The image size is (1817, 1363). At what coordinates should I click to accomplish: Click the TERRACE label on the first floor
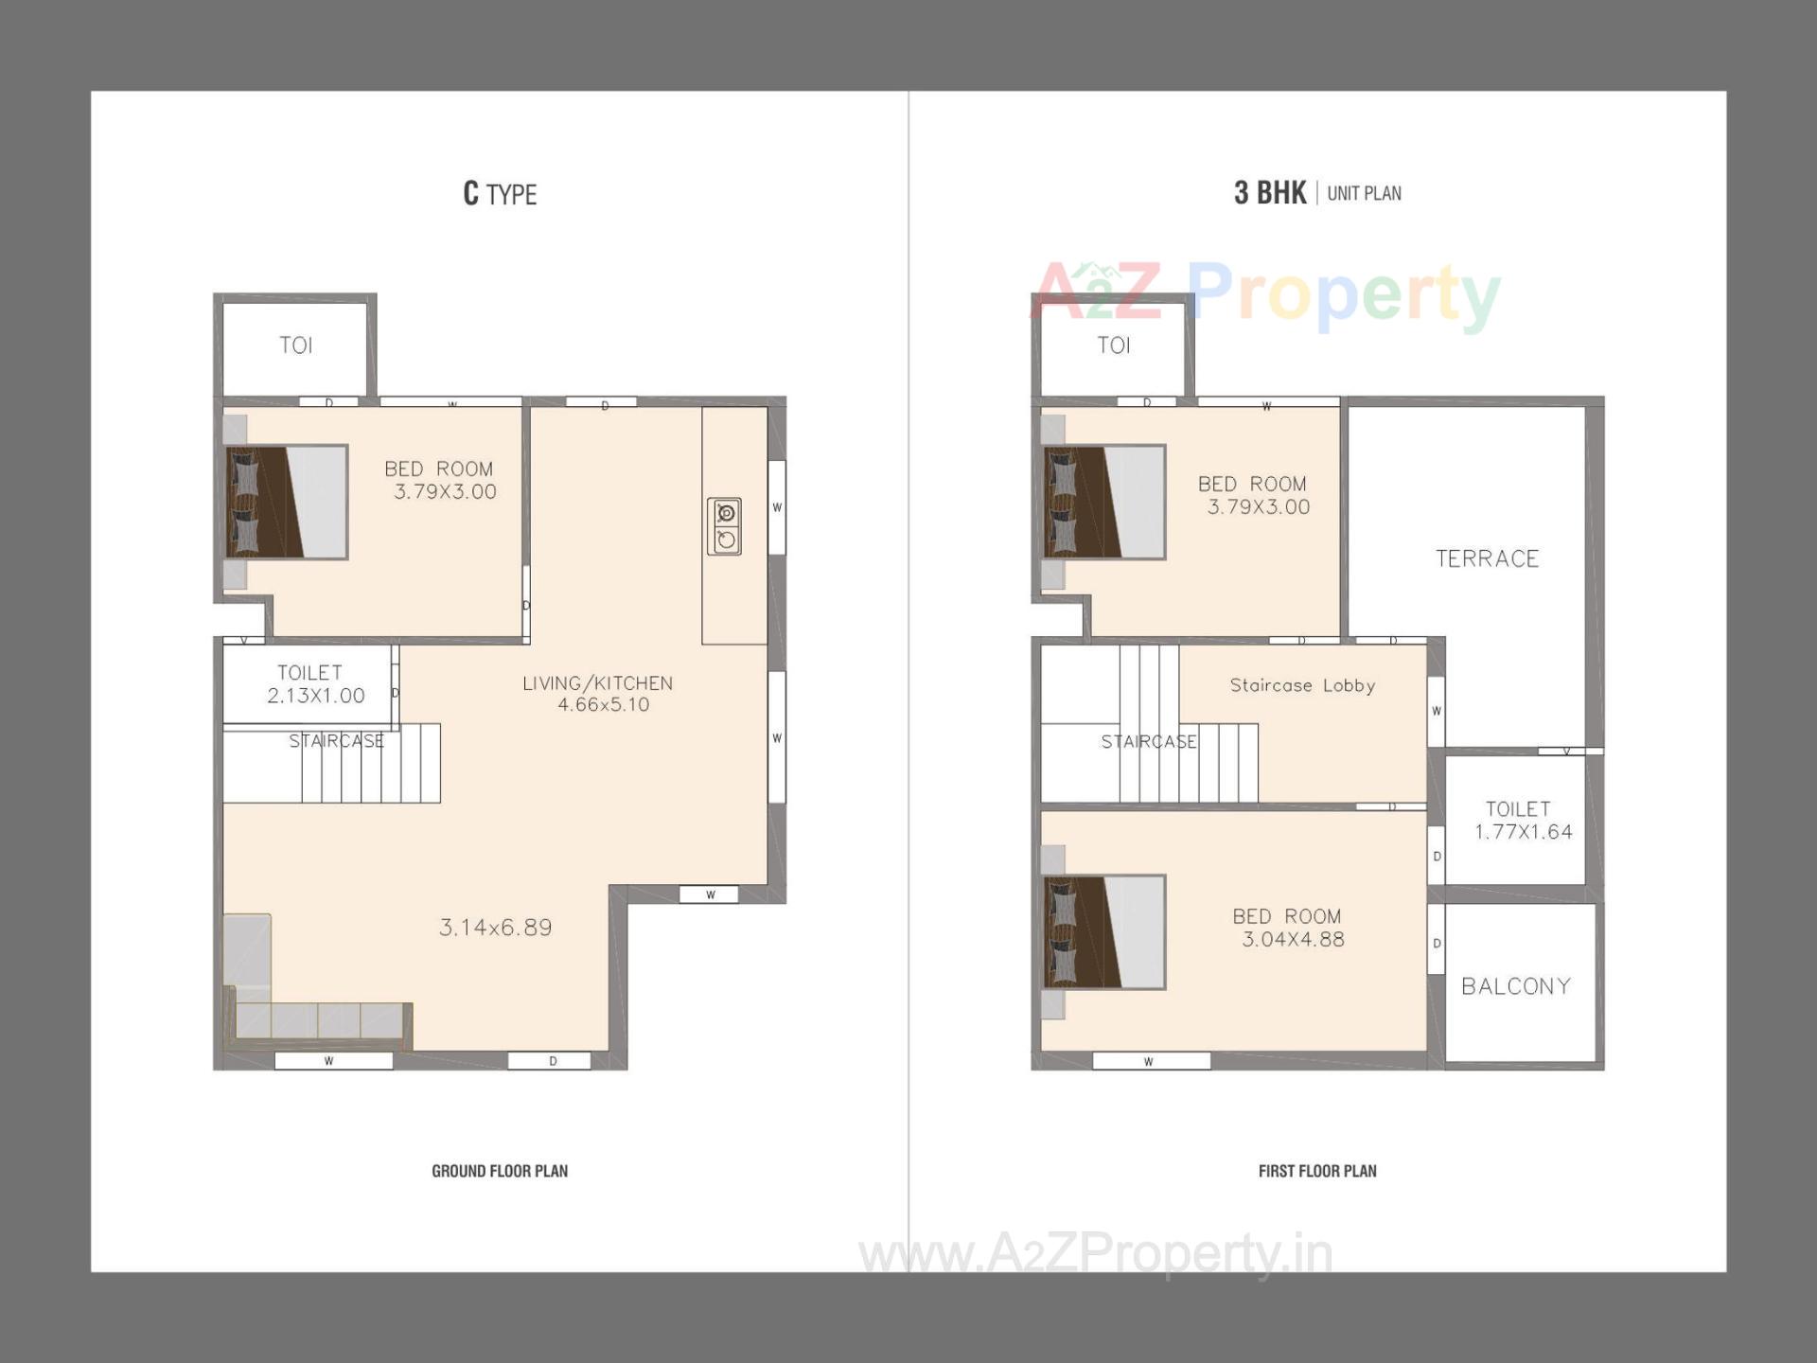tap(1487, 558)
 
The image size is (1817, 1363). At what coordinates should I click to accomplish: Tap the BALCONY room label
tap(1516, 986)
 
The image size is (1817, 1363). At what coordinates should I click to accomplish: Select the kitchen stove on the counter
tap(725, 526)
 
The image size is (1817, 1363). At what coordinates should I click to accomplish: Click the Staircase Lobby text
tap(1302, 685)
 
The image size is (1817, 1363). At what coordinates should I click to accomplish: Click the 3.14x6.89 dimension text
tap(496, 928)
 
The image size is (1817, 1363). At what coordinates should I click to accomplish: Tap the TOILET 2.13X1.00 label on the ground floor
tap(315, 684)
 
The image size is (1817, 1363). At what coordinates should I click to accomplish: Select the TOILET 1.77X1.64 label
tap(1523, 821)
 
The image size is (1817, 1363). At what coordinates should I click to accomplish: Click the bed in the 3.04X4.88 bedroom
tap(1104, 932)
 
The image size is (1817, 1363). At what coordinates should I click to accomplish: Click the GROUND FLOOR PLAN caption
tap(500, 1171)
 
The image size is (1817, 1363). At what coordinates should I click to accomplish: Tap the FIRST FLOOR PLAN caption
tap(1317, 1171)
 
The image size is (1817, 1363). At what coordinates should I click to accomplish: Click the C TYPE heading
tap(500, 194)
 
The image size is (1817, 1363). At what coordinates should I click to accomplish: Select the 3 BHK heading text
tap(1270, 193)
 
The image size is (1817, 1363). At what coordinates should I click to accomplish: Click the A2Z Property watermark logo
tap(1265, 295)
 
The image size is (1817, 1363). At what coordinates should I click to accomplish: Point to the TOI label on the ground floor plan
tap(296, 345)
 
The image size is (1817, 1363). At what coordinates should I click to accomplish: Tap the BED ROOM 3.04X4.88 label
tap(1289, 928)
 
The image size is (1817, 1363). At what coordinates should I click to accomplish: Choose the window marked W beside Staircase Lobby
tap(1437, 711)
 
